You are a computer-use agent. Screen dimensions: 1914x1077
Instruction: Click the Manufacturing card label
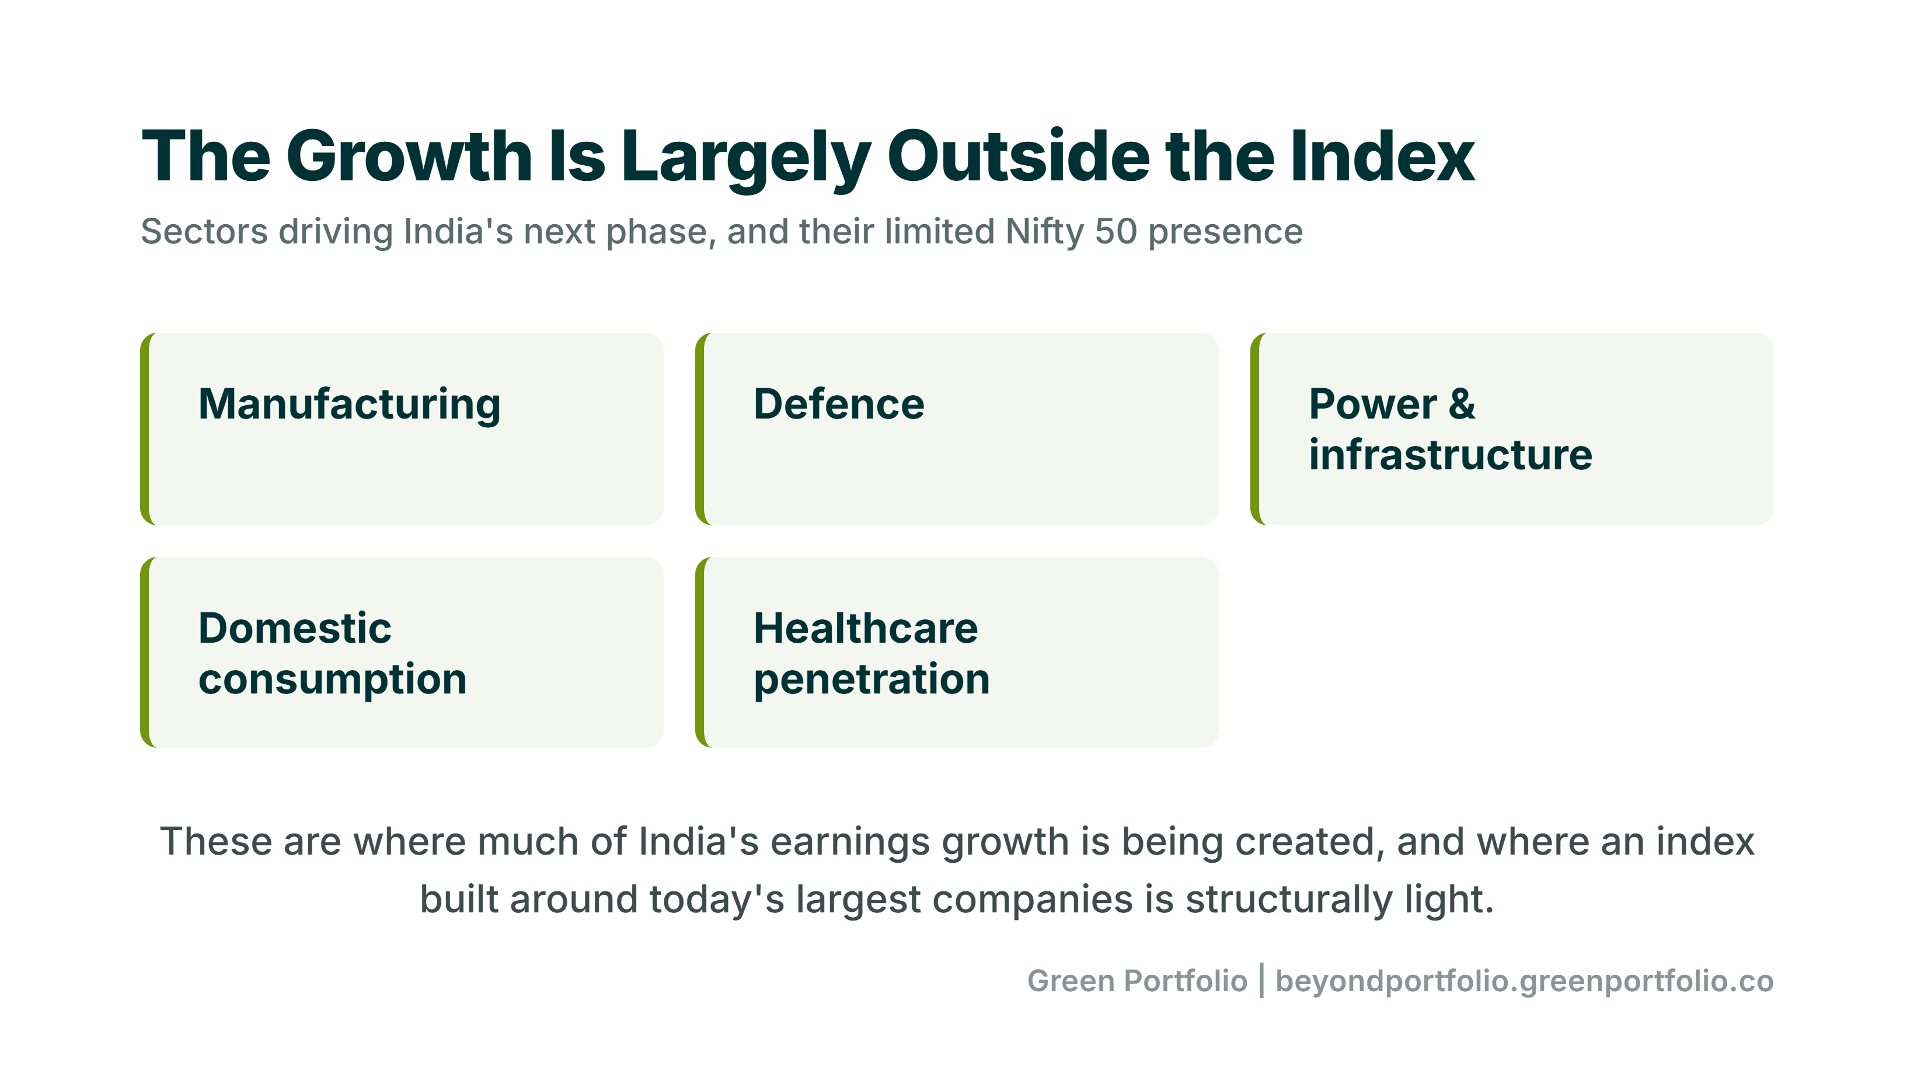pos(349,405)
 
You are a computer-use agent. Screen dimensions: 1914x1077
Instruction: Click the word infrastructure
pos(1451,454)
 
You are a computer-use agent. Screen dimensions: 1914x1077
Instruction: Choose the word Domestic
pos(294,628)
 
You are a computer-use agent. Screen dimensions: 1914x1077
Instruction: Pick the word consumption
pos(332,680)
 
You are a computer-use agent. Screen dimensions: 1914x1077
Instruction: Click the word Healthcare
pos(866,628)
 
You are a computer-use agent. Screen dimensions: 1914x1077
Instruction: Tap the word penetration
pos(871,680)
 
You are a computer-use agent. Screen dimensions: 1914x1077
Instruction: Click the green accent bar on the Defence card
pos(700,429)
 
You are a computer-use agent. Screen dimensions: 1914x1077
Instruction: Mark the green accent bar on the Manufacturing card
pos(145,429)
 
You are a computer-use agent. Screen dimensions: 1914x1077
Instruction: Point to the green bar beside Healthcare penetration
pos(700,653)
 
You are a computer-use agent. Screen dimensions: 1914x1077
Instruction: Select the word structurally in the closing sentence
pos(1288,900)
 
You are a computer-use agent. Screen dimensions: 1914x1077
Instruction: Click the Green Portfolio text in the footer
pos(1137,981)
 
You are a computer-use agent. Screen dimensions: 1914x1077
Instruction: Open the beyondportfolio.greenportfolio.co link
pos(1525,982)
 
